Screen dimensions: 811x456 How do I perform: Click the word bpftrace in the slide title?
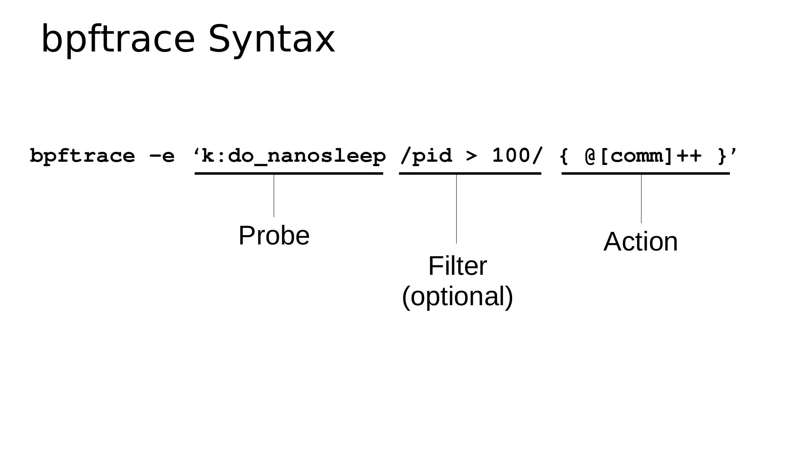pyautogui.click(x=118, y=39)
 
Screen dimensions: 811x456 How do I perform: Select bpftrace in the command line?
pyautogui.click(x=82, y=156)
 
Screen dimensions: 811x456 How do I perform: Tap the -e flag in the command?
pyautogui.click(x=162, y=156)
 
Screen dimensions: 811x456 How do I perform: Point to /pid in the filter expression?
pyautogui.click(x=426, y=156)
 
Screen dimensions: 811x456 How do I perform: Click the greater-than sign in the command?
pyautogui.click(x=472, y=156)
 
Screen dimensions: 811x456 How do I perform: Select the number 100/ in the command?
pyautogui.click(x=517, y=156)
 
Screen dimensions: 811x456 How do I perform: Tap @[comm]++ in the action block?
pyautogui.click(x=644, y=156)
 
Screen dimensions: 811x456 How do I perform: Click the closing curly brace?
pyautogui.click(x=722, y=156)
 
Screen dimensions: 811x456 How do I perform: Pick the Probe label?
pyautogui.click(x=274, y=235)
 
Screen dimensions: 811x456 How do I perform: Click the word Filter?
pyautogui.click(x=457, y=266)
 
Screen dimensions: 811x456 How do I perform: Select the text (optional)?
pyautogui.click(x=457, y=297)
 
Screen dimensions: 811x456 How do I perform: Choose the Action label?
pyautogui.click(x=641, y=242)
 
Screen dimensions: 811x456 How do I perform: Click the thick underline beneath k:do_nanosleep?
pyautogui.click(x=289, y=173)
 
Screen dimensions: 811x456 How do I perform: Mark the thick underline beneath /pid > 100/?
pyautogui.click(x=470, y=173)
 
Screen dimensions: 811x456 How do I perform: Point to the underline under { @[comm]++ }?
pyautogui.click(x=646, y=173)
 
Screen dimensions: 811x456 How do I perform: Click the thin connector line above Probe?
pyautogui.click(x=274, y=196)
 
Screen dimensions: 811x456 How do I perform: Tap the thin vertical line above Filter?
pyautogui.click(x=456, y=209)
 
